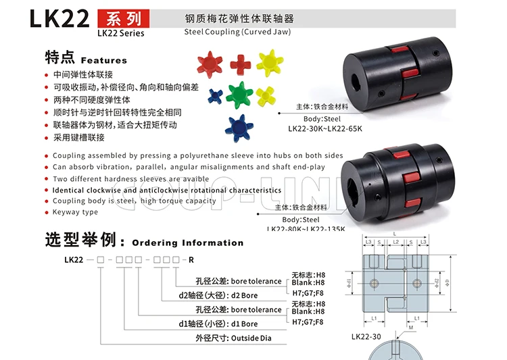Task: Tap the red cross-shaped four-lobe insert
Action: (241, 64)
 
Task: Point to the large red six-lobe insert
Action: (210, 64)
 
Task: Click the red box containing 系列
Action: (120, 18)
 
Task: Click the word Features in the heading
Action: (103, 60)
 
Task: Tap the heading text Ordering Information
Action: (187, 242)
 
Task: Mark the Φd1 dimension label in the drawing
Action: (349, 282)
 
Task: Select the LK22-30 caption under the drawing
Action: (366, 337)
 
